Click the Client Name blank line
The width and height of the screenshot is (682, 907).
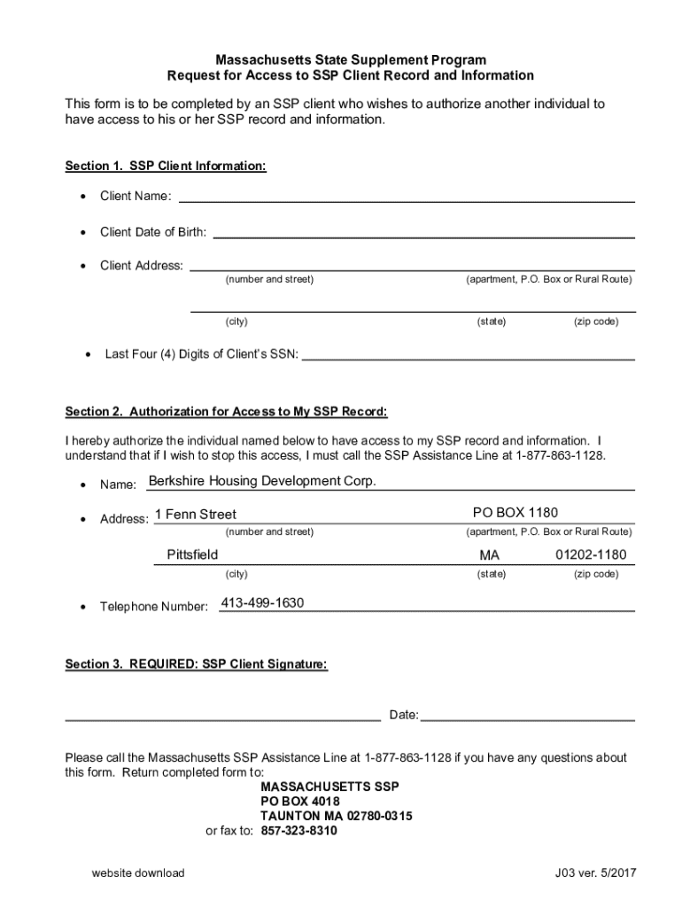[407, 198]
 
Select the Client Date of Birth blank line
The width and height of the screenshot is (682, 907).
[423, 233]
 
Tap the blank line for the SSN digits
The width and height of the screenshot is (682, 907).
[469, 355]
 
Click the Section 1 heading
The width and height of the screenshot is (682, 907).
[166, 167]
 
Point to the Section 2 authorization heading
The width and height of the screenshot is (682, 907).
[226, 412]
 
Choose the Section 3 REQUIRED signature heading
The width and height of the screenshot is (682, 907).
[197, 664]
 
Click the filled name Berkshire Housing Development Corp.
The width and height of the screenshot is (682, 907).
[262, 482]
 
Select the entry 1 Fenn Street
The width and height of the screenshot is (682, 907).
[196, 515]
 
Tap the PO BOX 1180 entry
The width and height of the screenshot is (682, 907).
[515, 513]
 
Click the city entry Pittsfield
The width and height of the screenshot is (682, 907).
[192, 555]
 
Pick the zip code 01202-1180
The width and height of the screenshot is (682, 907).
[591, 555]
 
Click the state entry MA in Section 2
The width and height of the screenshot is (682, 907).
[490, 555]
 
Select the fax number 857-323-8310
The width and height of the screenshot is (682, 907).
[298, 832]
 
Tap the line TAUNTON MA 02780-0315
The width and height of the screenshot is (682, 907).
[336, 816]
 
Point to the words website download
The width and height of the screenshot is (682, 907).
[138, 873]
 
